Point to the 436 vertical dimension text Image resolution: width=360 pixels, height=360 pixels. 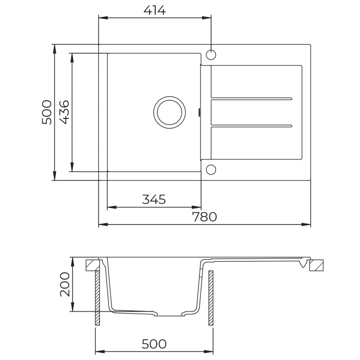point(63,112)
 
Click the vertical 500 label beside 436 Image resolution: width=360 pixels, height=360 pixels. point(46,112)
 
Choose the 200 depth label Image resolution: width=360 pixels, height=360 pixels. point(65,284)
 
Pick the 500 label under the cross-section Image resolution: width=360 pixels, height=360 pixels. point(154,344)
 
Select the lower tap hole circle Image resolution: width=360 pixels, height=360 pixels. point(211,169)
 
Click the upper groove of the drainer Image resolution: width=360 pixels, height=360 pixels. point(252,99)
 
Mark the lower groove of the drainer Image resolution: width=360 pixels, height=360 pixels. point(252,125)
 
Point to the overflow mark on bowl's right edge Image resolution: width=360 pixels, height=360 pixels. point(200,112)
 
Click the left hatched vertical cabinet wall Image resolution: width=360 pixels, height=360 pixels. point(97,297)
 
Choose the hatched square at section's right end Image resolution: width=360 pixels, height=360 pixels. point(317,265)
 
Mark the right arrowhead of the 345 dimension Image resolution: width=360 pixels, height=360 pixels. point(197,207)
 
